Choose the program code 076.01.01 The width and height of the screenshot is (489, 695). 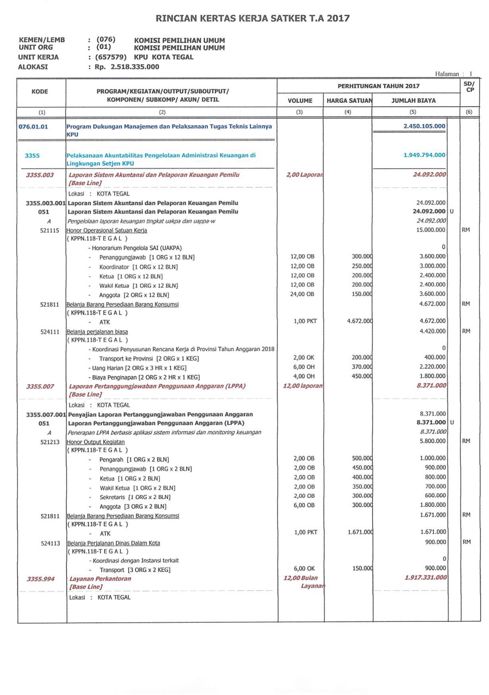click(33, 126)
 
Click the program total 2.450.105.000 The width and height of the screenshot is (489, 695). click(424, 126)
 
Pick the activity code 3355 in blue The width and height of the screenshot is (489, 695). click(32, 156)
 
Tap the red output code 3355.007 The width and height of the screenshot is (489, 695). click(40, 386)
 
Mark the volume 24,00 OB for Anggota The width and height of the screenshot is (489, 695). click(302, 294)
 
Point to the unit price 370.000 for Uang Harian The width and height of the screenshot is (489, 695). click(362, 367)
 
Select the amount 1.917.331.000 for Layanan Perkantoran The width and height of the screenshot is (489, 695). click(425, 577)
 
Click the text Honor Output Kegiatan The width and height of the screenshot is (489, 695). click(96, 442)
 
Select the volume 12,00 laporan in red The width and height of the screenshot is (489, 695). click(303, 386)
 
